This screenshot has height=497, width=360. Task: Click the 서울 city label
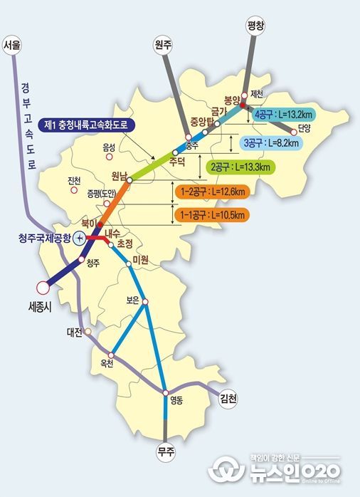(x=13, y=46)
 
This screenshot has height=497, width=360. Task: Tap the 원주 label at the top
(x=164, y=44)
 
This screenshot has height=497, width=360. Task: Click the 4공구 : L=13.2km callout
(x=286, y=114)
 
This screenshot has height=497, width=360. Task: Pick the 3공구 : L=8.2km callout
(x=271, y=142)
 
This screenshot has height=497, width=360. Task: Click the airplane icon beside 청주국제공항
(x=80, y=239)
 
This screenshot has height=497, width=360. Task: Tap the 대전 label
(x=75, y=332)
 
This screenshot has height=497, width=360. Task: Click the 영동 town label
(x=176, y=400)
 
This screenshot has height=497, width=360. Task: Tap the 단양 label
(x=305, y=129)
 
